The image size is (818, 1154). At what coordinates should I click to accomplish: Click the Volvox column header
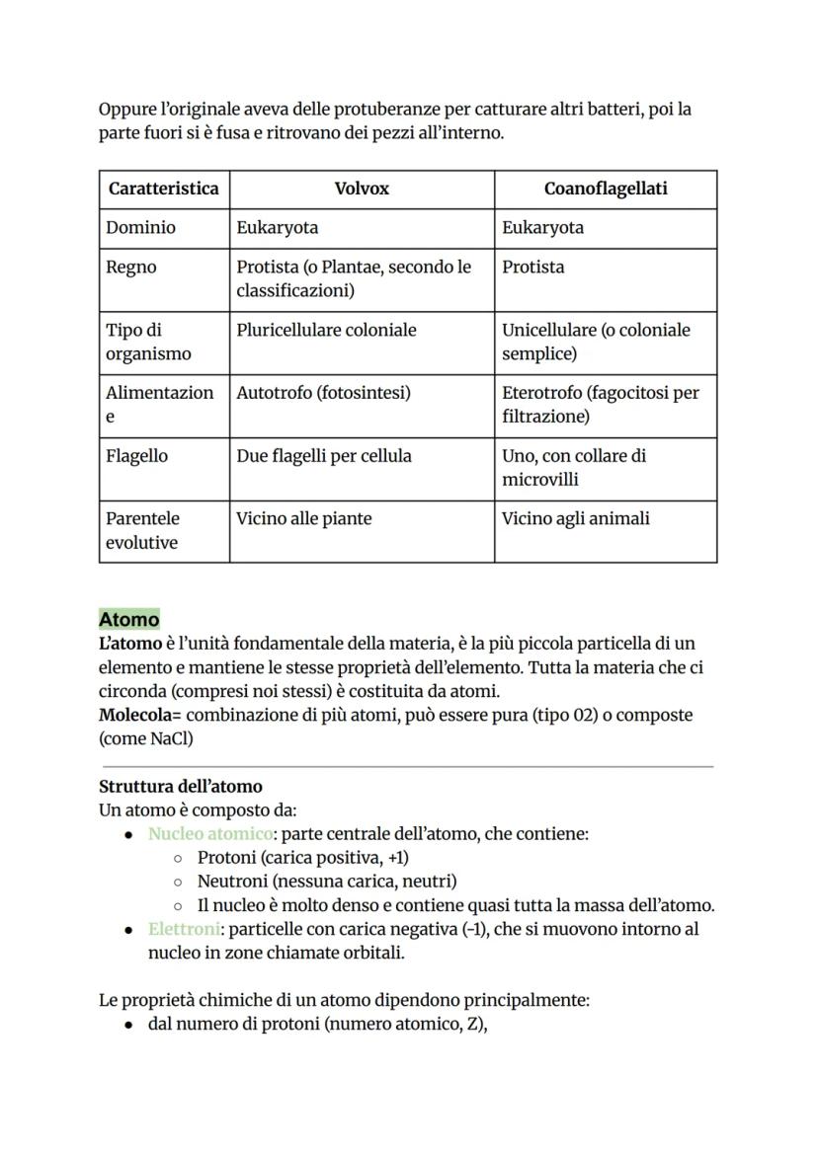pos(362,189)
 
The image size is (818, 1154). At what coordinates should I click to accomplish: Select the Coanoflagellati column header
pos(605,189)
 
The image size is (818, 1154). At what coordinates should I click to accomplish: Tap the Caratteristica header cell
pos(164,189)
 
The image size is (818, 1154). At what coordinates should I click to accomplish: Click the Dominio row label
pos(141,228)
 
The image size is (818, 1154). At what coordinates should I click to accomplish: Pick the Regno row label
pos(131,268)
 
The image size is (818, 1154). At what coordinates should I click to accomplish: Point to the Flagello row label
pos(137,456)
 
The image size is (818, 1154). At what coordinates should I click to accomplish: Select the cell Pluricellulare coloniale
pos(326,331)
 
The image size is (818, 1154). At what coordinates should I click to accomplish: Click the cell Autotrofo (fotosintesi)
pos(323,393)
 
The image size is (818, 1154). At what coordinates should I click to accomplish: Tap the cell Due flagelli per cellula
pos(324,456)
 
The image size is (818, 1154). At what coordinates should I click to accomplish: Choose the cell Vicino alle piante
pos(304,518)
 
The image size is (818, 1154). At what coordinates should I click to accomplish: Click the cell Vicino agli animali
pos(575,518)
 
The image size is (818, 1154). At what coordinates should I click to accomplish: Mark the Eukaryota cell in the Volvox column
pos(278,228)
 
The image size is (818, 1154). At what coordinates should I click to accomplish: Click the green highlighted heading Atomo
pos(129,620)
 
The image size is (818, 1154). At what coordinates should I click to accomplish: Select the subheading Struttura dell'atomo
pos(181,787)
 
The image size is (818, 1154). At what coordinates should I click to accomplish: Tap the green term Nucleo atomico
pos(210,834)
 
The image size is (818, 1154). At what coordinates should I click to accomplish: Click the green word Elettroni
pos(184,929)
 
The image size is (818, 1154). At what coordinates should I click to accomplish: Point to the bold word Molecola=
pos(140,715)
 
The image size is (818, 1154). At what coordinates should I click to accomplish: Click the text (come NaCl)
pos(146,738)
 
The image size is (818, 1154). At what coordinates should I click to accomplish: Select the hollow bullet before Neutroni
pos(178,882)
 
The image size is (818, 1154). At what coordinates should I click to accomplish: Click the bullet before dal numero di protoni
pos(129,1025)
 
